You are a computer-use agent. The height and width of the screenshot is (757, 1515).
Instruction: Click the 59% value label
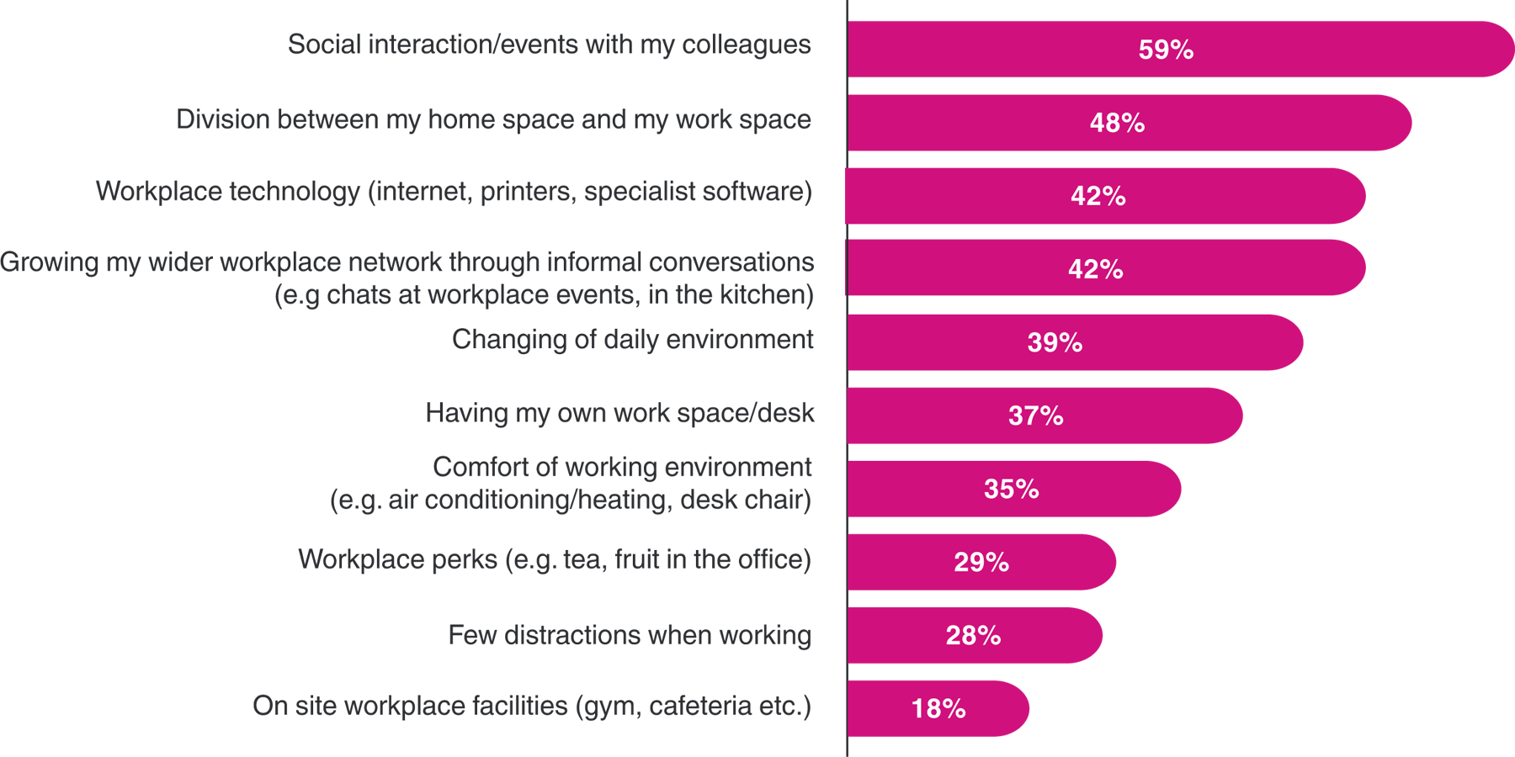point(1166,50)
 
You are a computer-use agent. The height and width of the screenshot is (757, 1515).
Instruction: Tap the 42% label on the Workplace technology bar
point(1098,196)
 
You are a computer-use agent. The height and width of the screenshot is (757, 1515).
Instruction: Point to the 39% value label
point(1055,342)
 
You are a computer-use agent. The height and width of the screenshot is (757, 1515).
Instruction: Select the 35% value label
point(1011,489)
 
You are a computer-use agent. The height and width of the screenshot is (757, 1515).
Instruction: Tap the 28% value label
point(973,635)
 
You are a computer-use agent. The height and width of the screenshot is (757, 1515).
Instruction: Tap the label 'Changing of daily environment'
point(632,340)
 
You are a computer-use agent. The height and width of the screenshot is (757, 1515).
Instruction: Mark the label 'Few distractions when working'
point(629,635)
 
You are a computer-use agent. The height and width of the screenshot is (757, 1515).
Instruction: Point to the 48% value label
point(1117,123)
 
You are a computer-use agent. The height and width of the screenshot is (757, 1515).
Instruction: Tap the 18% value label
point(938,709)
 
